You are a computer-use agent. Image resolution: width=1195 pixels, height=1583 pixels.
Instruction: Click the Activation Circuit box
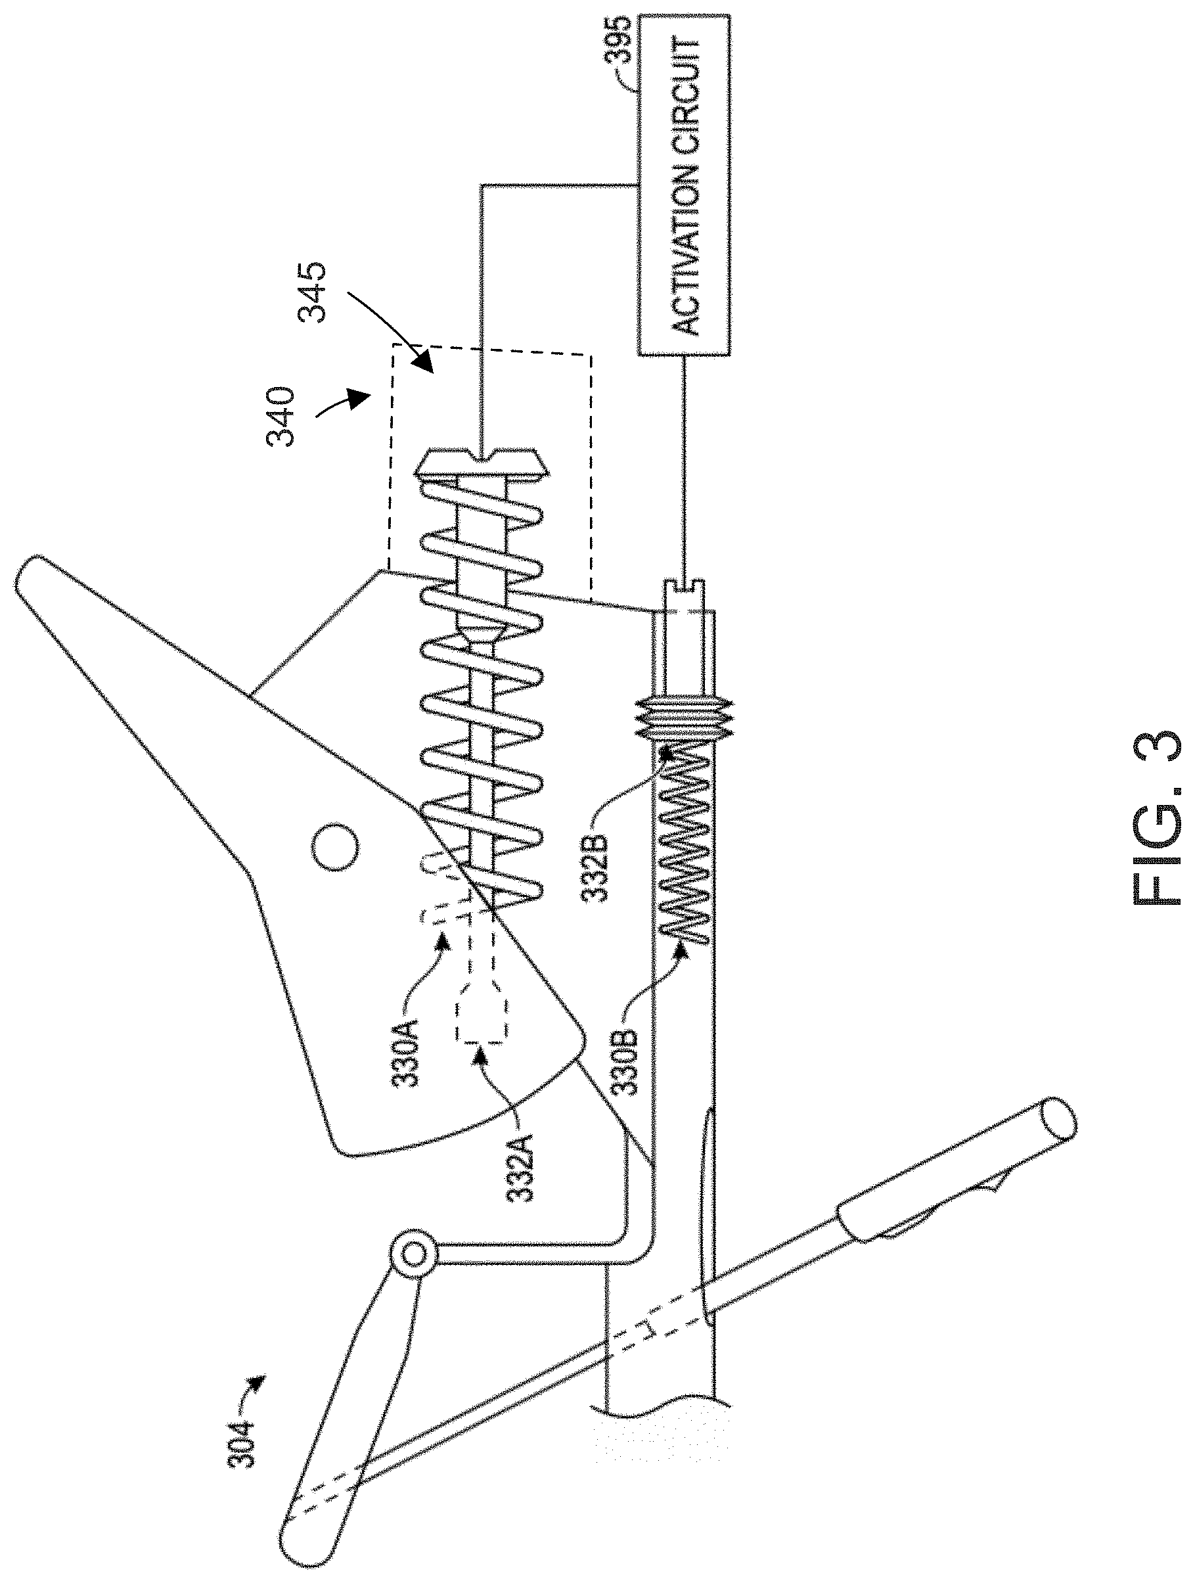coord(683,185)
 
